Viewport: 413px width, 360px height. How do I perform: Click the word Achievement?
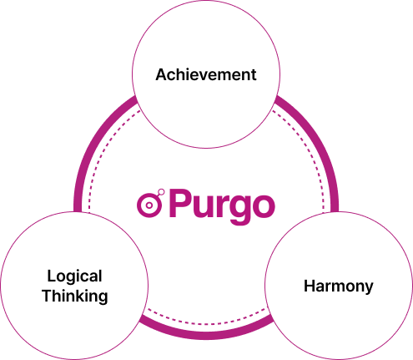(x=206, y=74)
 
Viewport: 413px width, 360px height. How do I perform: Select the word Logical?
(x=74, y=277)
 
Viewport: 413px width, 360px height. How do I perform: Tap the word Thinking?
(x=75, y=297)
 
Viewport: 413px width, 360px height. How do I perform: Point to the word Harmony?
(x=339, y=287)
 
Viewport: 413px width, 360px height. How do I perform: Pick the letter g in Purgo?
(x=238, y=210)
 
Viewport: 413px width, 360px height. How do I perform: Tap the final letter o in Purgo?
(x=264, y=206)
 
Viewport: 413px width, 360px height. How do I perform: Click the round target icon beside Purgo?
(x=149, y=205)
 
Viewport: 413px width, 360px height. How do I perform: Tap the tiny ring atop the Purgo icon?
(x=161, y=192)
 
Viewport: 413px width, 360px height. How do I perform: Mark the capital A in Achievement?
(x=162, y=74)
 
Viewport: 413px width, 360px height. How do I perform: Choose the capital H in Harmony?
(x=309, y=286)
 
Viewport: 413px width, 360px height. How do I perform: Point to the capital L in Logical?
(x=51, y=276)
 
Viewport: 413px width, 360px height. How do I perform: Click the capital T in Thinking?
(x=48, y=296)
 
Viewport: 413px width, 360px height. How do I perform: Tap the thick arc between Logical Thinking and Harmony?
(x=206, y=336)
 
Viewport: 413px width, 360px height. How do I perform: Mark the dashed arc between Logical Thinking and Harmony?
(x=206, y=323)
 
